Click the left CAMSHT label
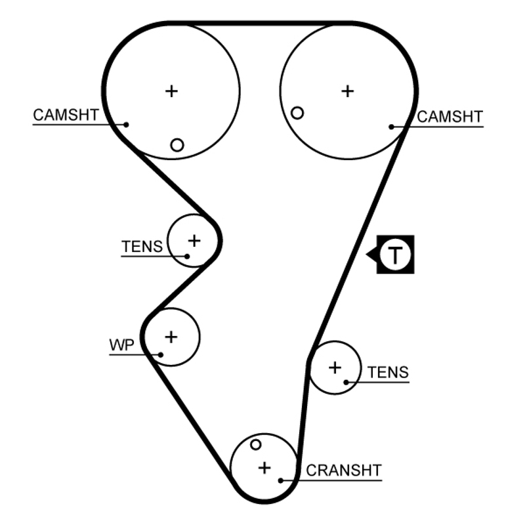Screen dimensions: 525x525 click(66, 115)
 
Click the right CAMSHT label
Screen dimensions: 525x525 click(450, 117)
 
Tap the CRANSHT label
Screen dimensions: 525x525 click(343, 470)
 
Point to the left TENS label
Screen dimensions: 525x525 click(141, 247)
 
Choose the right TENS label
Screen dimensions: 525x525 click(388, 373)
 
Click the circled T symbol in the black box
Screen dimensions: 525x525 click(395, 254)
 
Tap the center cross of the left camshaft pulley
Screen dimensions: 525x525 click(171, 91)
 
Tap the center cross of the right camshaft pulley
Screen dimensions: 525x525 click(347, 91)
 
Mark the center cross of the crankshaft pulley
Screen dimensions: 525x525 click(264, 468)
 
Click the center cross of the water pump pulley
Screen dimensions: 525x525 click(171, 337)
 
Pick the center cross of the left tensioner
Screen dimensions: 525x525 click(194, 240)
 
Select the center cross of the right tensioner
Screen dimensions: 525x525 click(335, 367)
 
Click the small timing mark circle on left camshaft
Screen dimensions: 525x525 click(177, 145)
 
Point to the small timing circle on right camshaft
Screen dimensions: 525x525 click(297, 113)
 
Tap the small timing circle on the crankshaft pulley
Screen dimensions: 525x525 click(256, 445)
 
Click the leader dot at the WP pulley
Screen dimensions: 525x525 click(160, 354)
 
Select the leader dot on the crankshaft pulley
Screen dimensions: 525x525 click(281, 480)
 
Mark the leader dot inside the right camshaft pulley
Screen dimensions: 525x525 click(391, 126)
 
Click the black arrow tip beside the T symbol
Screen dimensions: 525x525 click(367, 254)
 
